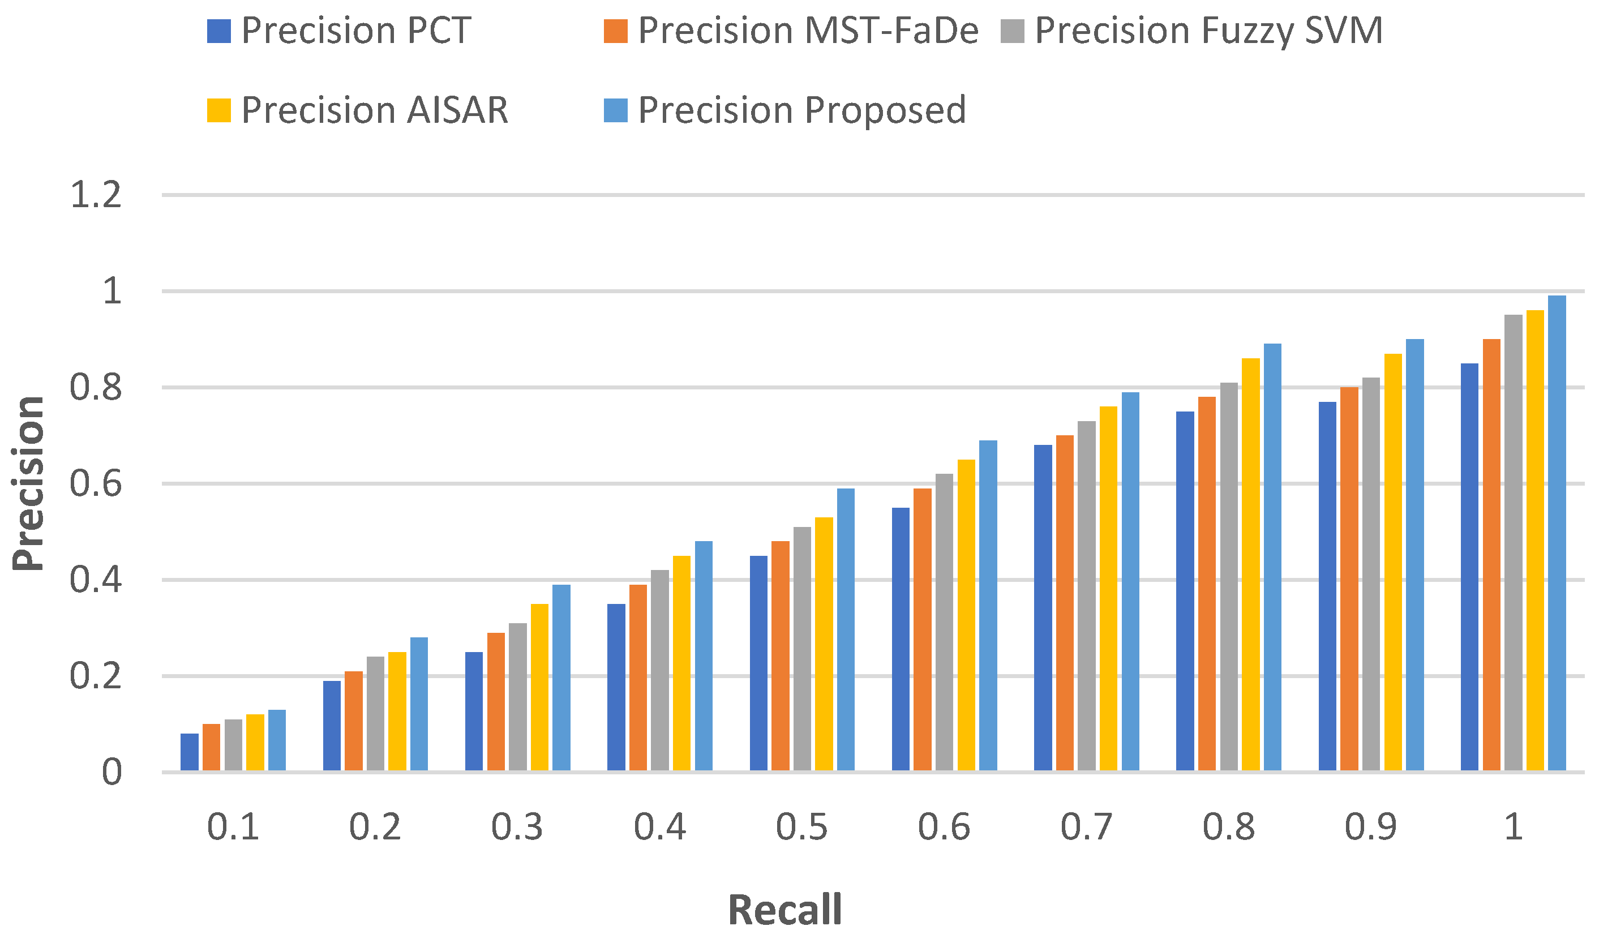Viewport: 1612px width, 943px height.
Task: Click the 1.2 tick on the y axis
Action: click(x=96, y=195)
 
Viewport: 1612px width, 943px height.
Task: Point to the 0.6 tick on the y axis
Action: click(x=96, y=483)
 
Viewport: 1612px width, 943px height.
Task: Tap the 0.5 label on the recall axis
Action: click(x=801, y=827)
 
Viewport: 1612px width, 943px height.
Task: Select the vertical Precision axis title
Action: click(x=29, y=483)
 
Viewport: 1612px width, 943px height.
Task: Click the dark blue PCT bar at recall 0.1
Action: click(x=190, y=752)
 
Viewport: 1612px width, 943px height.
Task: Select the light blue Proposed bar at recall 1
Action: click(x=1557, y=533)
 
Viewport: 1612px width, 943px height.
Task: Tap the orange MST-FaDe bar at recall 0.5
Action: click(x=780, y=656)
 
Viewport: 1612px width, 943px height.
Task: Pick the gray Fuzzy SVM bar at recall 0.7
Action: click(x=1086, y=595)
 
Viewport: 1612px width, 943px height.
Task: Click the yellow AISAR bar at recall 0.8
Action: click(x=1250, y=564)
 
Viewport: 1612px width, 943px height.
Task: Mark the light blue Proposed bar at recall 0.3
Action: click(x=561, y=678)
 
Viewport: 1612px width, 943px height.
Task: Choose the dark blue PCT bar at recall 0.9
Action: click(x=1327, y=586)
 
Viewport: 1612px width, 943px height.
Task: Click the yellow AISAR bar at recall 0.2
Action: click(x=397, y=711)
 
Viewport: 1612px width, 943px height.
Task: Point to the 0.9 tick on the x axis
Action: click(x=1370, y=827)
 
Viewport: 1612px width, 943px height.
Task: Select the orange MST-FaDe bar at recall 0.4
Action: click(x=638, y=678)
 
